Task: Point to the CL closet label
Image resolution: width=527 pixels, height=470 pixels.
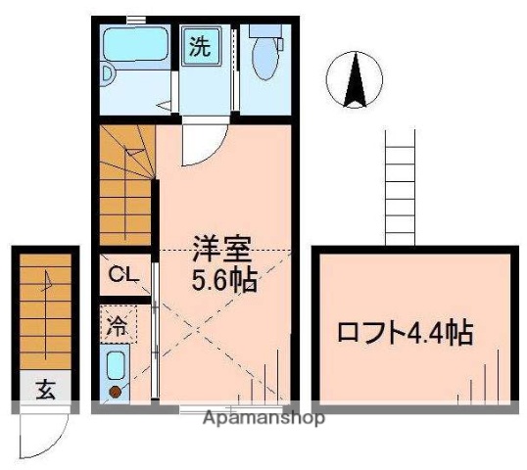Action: [122, 274]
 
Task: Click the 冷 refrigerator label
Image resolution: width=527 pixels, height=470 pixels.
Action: [117, 321]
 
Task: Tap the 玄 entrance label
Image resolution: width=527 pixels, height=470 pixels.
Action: [45, 389]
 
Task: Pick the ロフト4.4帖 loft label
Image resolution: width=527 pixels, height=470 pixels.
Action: [406, 333]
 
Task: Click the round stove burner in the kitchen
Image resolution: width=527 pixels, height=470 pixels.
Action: [115, 393]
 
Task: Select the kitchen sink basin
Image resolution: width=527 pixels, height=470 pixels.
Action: [115, 366]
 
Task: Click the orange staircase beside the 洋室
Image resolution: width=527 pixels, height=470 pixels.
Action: [125, 186]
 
